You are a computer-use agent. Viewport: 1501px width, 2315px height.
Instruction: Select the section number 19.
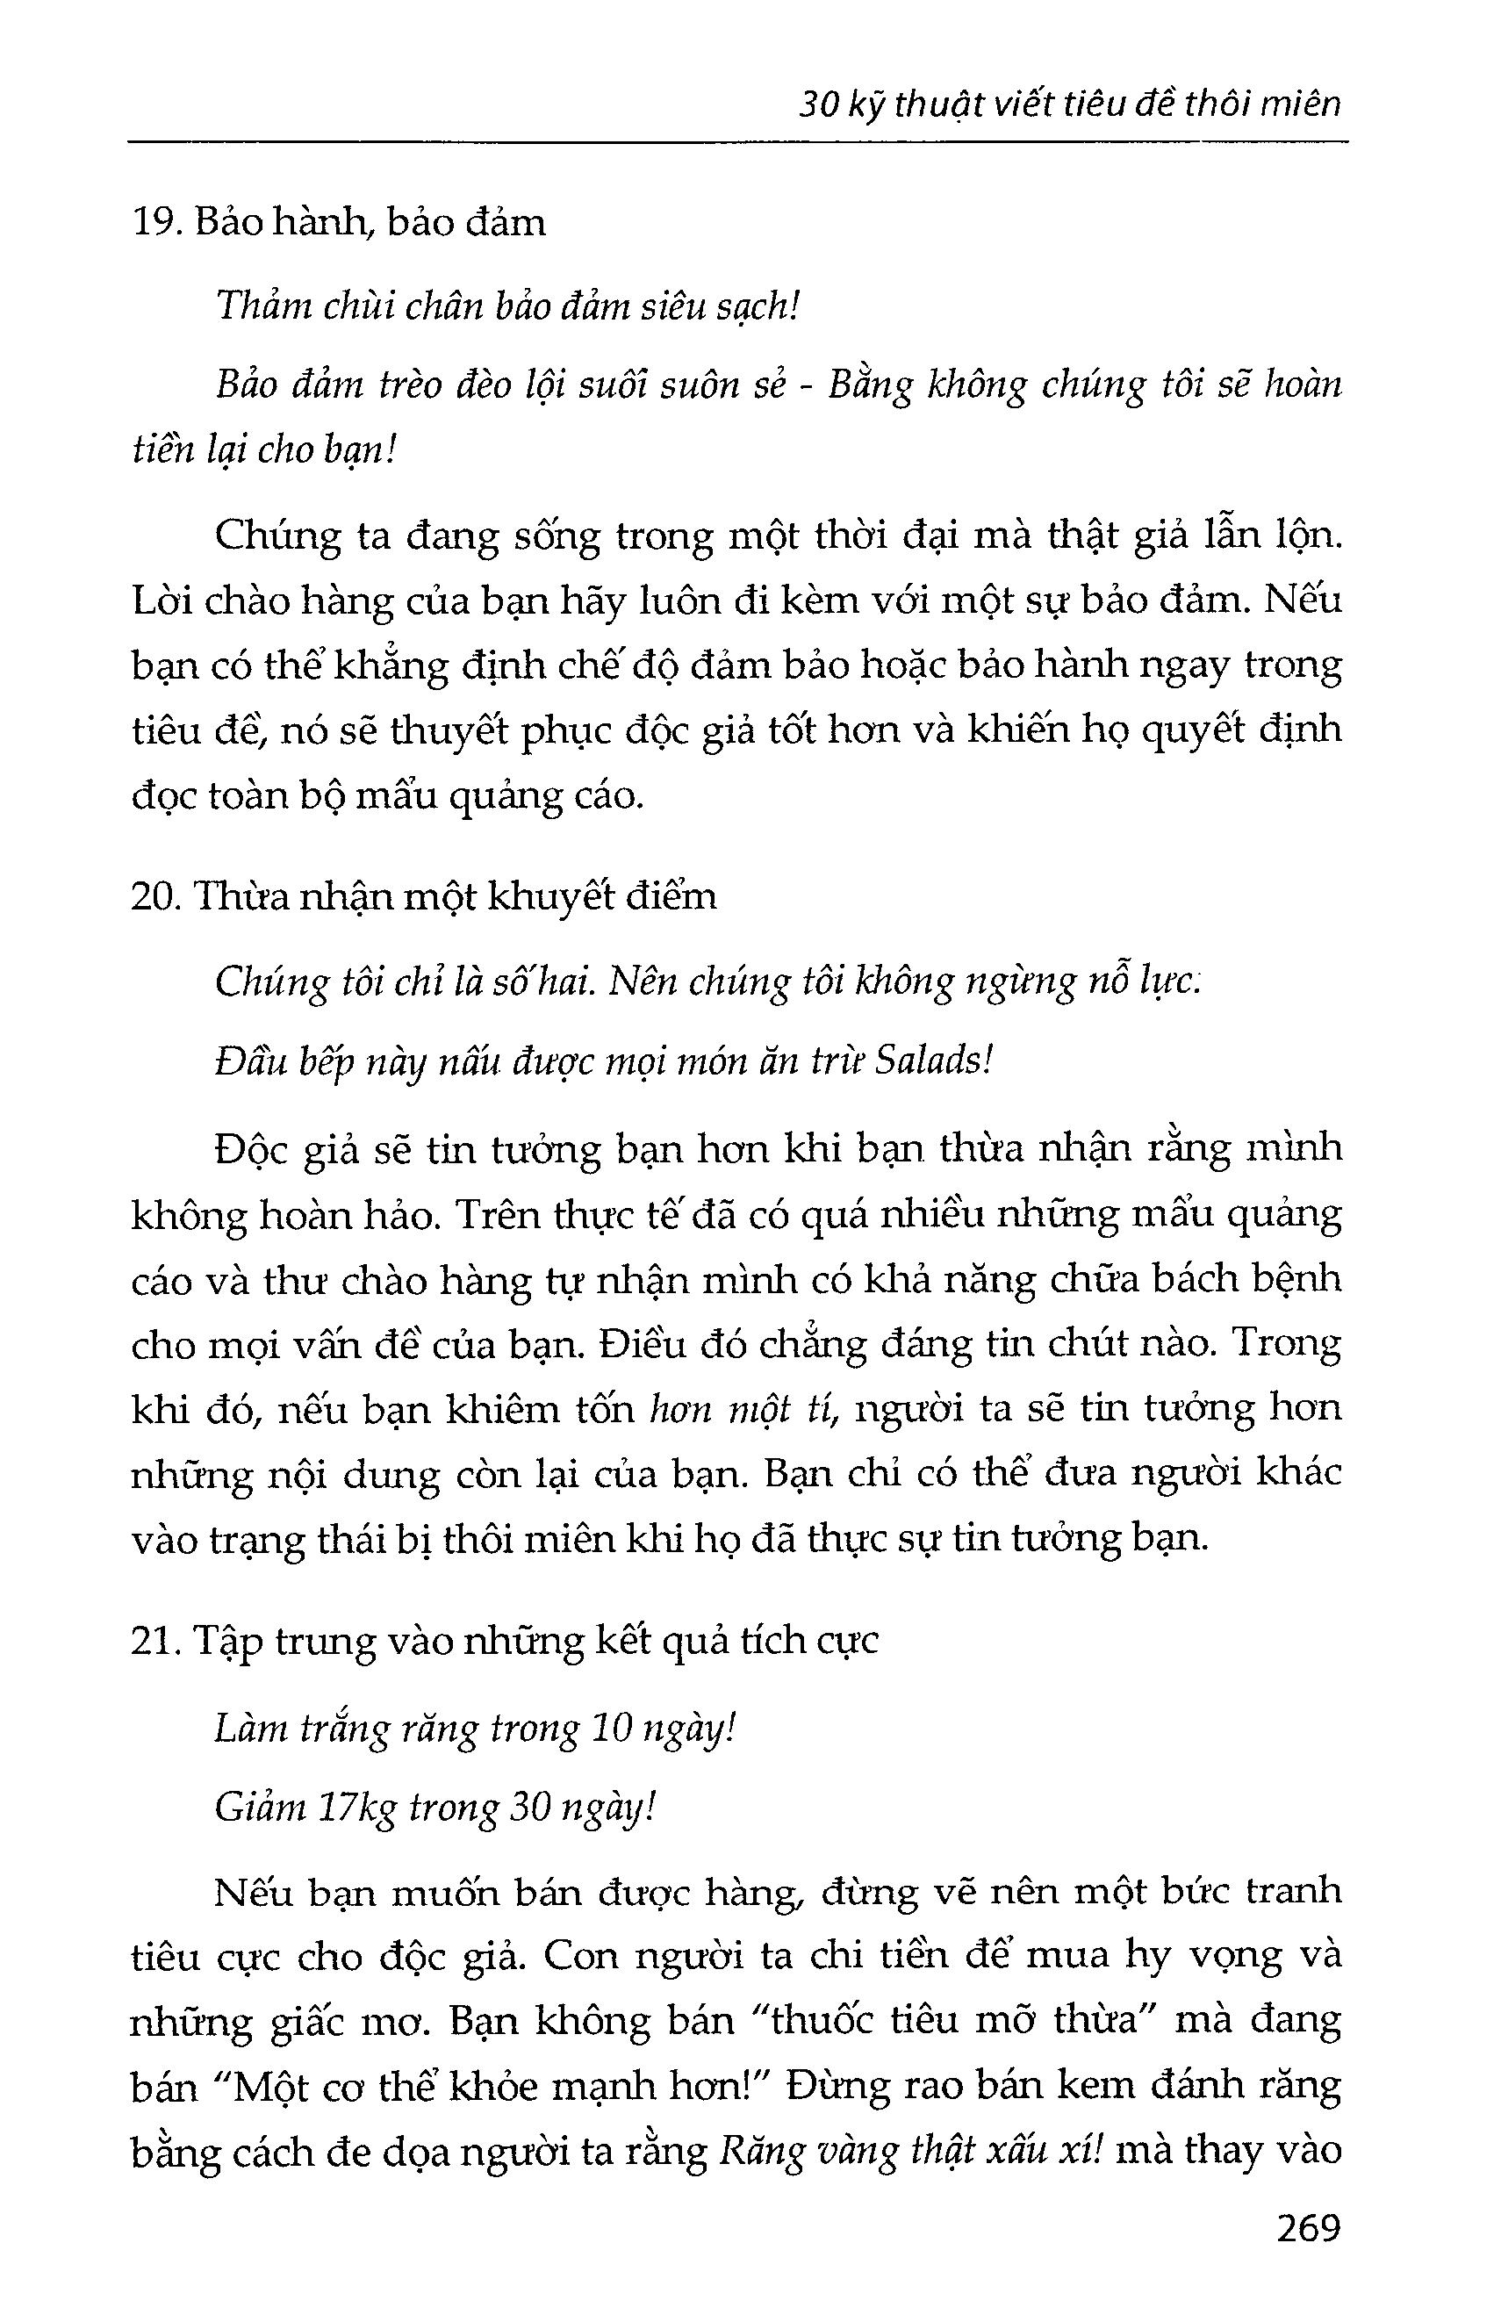coord(152,224)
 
